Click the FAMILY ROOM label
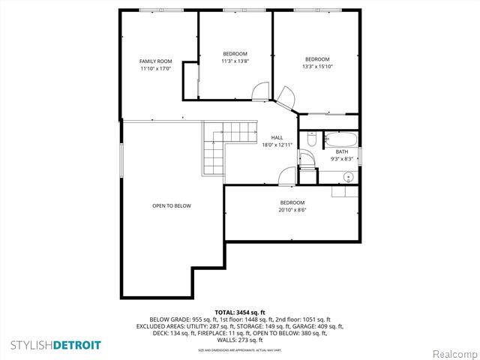[x=156, y=61]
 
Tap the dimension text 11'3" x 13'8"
[x=235, y=61]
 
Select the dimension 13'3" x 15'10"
[x=317, y=66]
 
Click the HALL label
[x=277, y=138]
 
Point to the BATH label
[x=342, y=151]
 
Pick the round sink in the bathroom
[x=348, y=177]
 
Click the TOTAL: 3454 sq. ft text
[x=240, y=312]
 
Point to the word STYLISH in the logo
[x=31, y=345]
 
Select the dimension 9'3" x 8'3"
[x=342, y=159]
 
